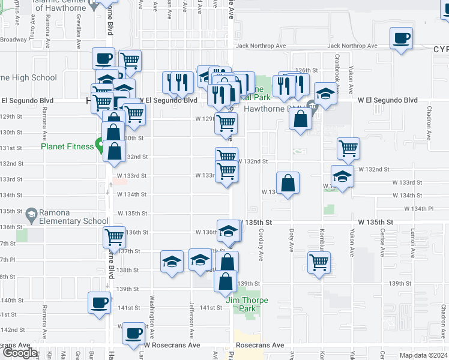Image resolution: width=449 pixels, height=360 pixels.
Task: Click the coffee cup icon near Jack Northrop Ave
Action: pyautogui.click(x=401, y=39)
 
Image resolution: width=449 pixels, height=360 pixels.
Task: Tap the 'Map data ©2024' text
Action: pyautogui.click(x=423, y=355)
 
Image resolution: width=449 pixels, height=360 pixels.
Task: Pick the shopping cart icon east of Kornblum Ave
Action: pyautogui.click(x=319, y=262)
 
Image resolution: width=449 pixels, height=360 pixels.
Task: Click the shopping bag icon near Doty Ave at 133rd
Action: pyautogui.click(x=288, y=183)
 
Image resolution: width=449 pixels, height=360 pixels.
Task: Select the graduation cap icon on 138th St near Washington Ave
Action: pyautogui.click(x=172, y=262)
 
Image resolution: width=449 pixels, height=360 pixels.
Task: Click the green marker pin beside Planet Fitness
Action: pyautogui.click(x=98, y=145)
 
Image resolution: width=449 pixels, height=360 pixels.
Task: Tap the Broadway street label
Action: pyautogui.click(x=13, y=40)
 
